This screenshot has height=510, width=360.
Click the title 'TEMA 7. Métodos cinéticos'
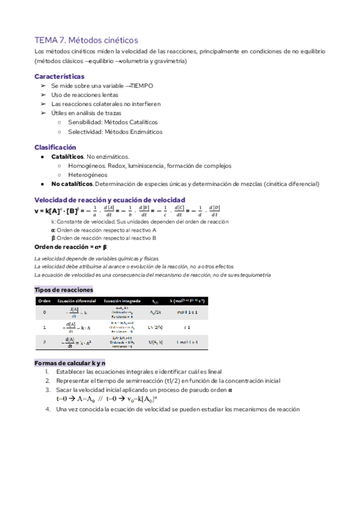tap(87, 40)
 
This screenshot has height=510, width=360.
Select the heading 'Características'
tap(59, 76)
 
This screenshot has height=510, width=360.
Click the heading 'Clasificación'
tap(55, 147)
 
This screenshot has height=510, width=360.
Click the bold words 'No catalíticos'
tap(72, 184)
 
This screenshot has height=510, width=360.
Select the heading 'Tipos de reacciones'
tap(64, 289)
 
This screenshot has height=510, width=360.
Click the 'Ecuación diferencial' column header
tap(75, 300)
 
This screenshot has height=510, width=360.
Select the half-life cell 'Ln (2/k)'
tap(155, 327)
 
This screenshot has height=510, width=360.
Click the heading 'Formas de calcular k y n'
tap(70, 363)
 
